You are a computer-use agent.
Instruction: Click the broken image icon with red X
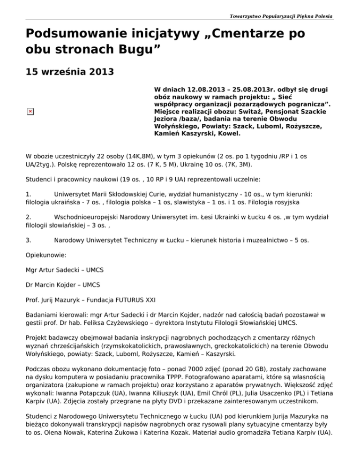(30, 111)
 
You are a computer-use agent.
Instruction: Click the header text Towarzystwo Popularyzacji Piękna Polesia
(281, 16)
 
